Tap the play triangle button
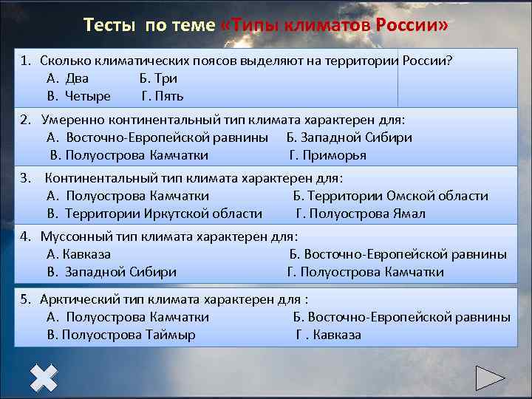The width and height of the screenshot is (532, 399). point(489,378)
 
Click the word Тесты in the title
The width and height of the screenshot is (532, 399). point(110,25)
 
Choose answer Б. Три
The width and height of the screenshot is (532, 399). point(158,78)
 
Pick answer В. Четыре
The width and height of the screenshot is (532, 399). point(78,96)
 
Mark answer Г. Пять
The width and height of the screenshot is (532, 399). point(163,96)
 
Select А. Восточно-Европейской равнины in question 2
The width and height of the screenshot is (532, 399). point(157,137)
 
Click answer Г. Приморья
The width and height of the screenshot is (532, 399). point(327,155)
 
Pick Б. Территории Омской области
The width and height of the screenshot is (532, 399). point(390,196)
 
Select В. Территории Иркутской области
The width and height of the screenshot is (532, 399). point(154,214)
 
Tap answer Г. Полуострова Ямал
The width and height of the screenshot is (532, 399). point(361,214)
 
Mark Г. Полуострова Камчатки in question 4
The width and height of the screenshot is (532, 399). point(365,272)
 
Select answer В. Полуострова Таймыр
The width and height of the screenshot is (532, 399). point(121,335)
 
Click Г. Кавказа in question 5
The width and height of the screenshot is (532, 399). point(329,335)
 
